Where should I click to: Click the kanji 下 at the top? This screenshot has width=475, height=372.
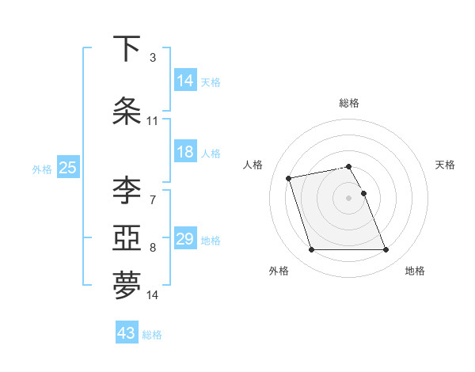coord(127,49)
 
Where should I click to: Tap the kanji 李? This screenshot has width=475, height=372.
coord(127,190)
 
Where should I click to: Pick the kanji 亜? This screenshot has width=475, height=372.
coord(127,237)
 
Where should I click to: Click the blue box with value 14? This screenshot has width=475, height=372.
coord(185,80)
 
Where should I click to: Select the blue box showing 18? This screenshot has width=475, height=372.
coord(185,153)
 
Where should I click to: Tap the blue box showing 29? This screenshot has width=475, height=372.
coord(185,239)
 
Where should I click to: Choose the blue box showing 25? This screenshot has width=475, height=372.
coord(67,168)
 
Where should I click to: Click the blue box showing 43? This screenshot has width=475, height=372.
coord(127,333)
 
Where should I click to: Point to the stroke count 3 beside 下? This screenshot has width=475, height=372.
coord(153,58)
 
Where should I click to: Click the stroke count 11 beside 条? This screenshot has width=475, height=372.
coord(153,121)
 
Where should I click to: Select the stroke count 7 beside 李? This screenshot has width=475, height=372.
coord(153,199)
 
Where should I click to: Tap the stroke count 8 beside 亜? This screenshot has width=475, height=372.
coord(153,248)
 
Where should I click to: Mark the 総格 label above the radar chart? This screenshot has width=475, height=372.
coord(349,103)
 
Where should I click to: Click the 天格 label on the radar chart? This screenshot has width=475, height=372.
coord(446,165)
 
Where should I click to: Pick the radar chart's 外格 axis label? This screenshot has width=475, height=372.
coord(279,271)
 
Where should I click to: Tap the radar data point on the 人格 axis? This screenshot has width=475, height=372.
coord(289,177)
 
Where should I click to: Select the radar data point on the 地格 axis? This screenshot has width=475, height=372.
coord(386,250)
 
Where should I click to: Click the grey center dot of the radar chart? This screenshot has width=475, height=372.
coord(349,197)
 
